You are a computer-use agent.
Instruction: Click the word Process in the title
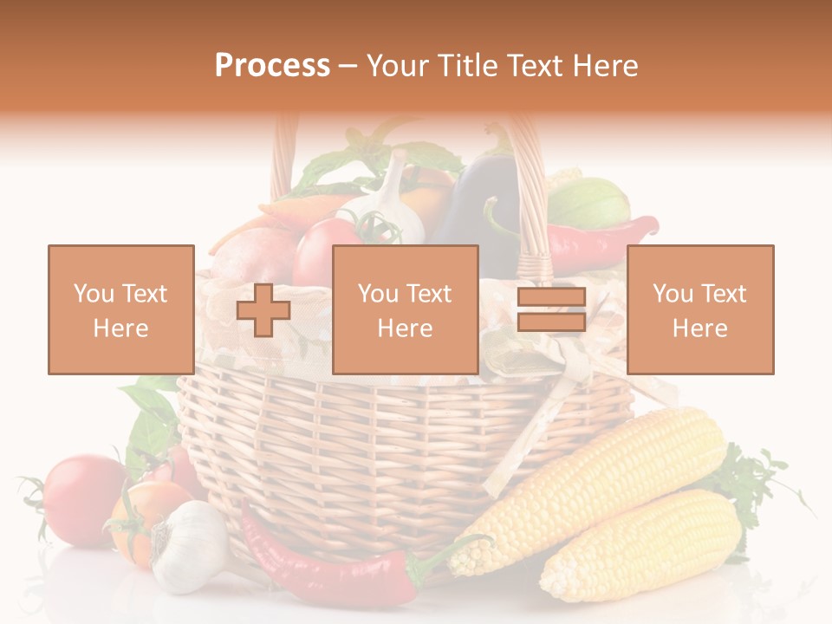pyautogui.click(x=272, y=66)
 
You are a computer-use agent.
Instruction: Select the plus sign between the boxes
pyautogui.click(x=263, y=310)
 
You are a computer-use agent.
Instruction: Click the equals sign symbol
pyautogui.click(x=551, y=310)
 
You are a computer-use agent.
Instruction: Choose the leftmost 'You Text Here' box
pyautogui.click(x=121, y=309)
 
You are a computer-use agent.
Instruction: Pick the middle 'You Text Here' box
pyautogui.click(x=405, y=309)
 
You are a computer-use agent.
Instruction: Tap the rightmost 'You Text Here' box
pyautogui.click(x=699, y=309)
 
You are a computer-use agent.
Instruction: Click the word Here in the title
pyautogui.click(x=604, y=66)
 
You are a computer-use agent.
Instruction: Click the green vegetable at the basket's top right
pyautogui.click(x=589, y=204)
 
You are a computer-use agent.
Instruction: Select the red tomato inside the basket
pyautogui.click(x=325, y=247)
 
